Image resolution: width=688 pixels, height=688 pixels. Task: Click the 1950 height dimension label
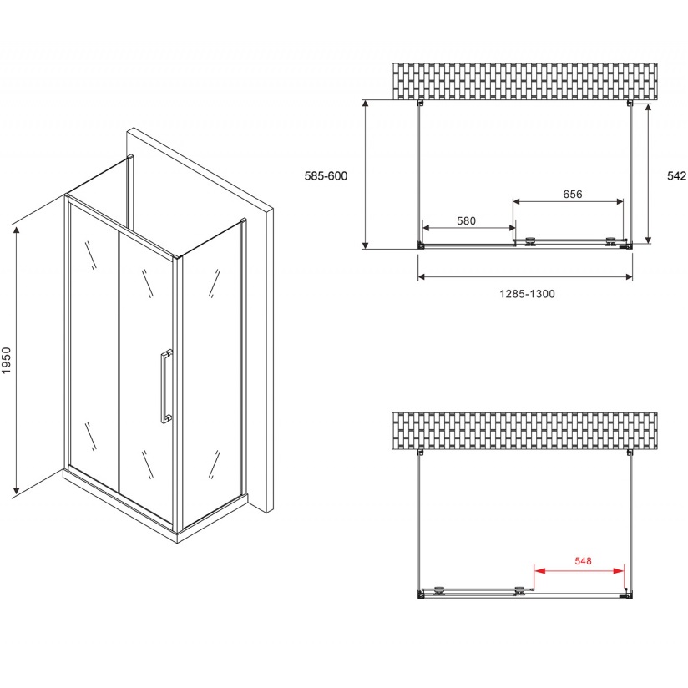pyautogui.click(x=6, y=360)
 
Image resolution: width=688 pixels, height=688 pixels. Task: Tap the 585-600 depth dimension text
pyautogui.click(x=326, y=176)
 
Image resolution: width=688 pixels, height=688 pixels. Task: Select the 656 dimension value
pyautogui.click(x=573, y=194)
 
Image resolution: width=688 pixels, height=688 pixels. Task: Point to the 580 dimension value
pyautogui.click(x=466, y=220)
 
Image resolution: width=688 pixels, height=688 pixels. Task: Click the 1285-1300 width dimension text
pyautogui.click(x=527, y=294)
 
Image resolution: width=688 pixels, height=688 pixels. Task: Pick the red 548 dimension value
pyautogui.click(x=583, y=561)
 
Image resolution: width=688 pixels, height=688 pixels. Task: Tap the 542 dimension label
pyautogui.click(x=676, y=176)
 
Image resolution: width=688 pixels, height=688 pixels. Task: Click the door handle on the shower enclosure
pyautogui.click(x=166, y=386)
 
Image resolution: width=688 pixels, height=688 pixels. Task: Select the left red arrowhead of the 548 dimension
pyautogui.click(x=539, y=571)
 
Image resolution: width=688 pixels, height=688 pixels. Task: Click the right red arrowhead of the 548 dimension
pyautogui.click(x=619, y=571)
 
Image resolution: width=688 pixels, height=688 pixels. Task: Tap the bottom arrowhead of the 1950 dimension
pyautogui.click(x=17, y=488)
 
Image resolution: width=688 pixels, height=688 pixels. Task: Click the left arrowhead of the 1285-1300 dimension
pyautogui.click(x=422, y=276)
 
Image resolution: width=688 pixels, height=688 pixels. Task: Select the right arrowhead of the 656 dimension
pyautogui.click(x=619, y=201)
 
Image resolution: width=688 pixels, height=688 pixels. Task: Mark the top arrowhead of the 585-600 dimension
pyautogui.click(x=365, y=104)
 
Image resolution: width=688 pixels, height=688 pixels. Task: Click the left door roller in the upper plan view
pyautogui.click(x=531, y=241)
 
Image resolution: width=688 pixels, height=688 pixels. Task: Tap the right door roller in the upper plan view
pyautogui.click(x=610, y=241)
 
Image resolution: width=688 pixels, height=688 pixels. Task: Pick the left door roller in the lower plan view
pyautogui.click(x=439, y=590)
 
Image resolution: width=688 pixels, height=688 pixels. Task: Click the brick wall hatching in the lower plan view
pyautogui.click(x=524, y=432)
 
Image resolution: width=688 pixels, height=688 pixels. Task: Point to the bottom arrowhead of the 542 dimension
pyautogui.click(x=648, y=240)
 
